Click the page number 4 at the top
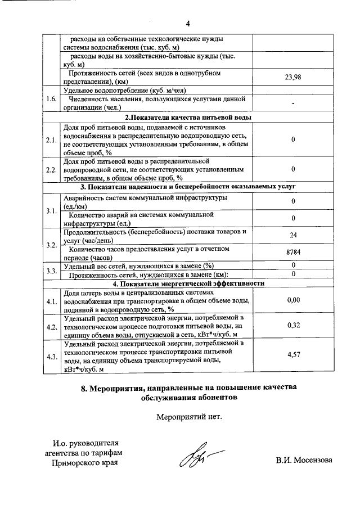click(188, 24)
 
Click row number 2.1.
click(52, 139)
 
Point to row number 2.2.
click(52, 169)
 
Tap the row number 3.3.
click(52, 270)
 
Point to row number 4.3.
click(52, 357)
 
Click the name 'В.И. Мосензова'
click(304, 460)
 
